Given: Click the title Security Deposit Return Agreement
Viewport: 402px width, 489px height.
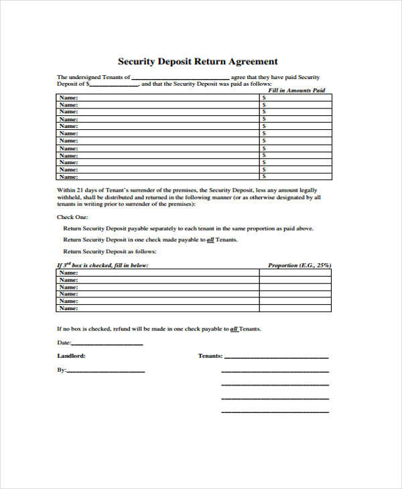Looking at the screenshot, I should [198, 61].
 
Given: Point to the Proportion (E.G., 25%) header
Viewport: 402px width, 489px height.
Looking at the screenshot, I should [299, 265].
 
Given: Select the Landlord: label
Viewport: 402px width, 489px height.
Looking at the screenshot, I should [71, 356].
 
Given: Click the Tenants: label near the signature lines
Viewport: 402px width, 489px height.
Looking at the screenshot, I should [210, 356].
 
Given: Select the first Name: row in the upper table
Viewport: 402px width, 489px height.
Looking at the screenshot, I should [68, 97].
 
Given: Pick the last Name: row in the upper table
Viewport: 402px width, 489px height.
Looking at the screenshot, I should [68, 177].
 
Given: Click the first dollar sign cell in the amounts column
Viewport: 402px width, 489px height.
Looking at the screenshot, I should [265, 97].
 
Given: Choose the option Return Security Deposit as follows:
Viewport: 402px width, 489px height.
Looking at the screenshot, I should [110, 251].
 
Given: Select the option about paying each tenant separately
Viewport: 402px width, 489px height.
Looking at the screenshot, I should [188, 228].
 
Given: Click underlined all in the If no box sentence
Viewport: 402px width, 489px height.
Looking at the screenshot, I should [234, 329].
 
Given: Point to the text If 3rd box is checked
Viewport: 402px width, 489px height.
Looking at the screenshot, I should [102, 265].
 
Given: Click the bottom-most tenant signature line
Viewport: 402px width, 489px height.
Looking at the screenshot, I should [275, 411].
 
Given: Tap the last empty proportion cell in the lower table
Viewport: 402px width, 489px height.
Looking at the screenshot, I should [295, 308].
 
